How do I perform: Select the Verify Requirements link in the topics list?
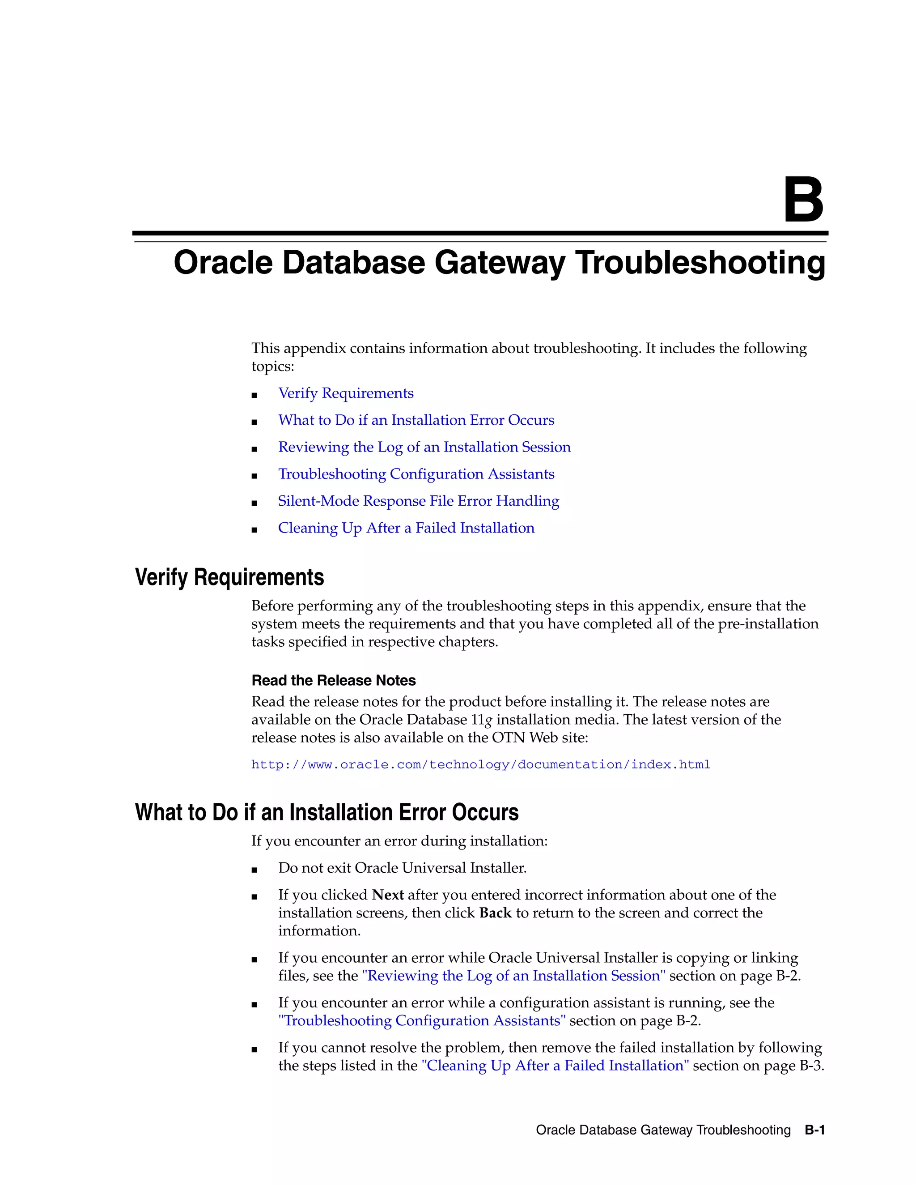tap(346, 393)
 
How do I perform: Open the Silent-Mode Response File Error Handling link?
tap(418, 501)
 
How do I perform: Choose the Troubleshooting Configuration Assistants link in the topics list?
tap(416, 474)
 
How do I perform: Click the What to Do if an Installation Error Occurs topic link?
tap(416, 420)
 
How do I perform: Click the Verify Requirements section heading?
tap(229, 577)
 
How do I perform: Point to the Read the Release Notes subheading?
tap(333, 680)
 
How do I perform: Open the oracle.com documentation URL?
tap(481, 764)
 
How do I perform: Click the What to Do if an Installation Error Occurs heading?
tap(327, 812)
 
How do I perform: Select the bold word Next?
tap(387, 895)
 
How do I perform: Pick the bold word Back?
tap(495, 913)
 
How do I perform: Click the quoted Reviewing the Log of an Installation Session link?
tap(513, 976)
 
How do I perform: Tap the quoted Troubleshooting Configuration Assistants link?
tap(422, 1021)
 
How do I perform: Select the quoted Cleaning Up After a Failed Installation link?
tap(555, 1066)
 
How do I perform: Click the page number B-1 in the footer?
tap(814, 1130)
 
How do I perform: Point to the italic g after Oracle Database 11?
tap(488, 721)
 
